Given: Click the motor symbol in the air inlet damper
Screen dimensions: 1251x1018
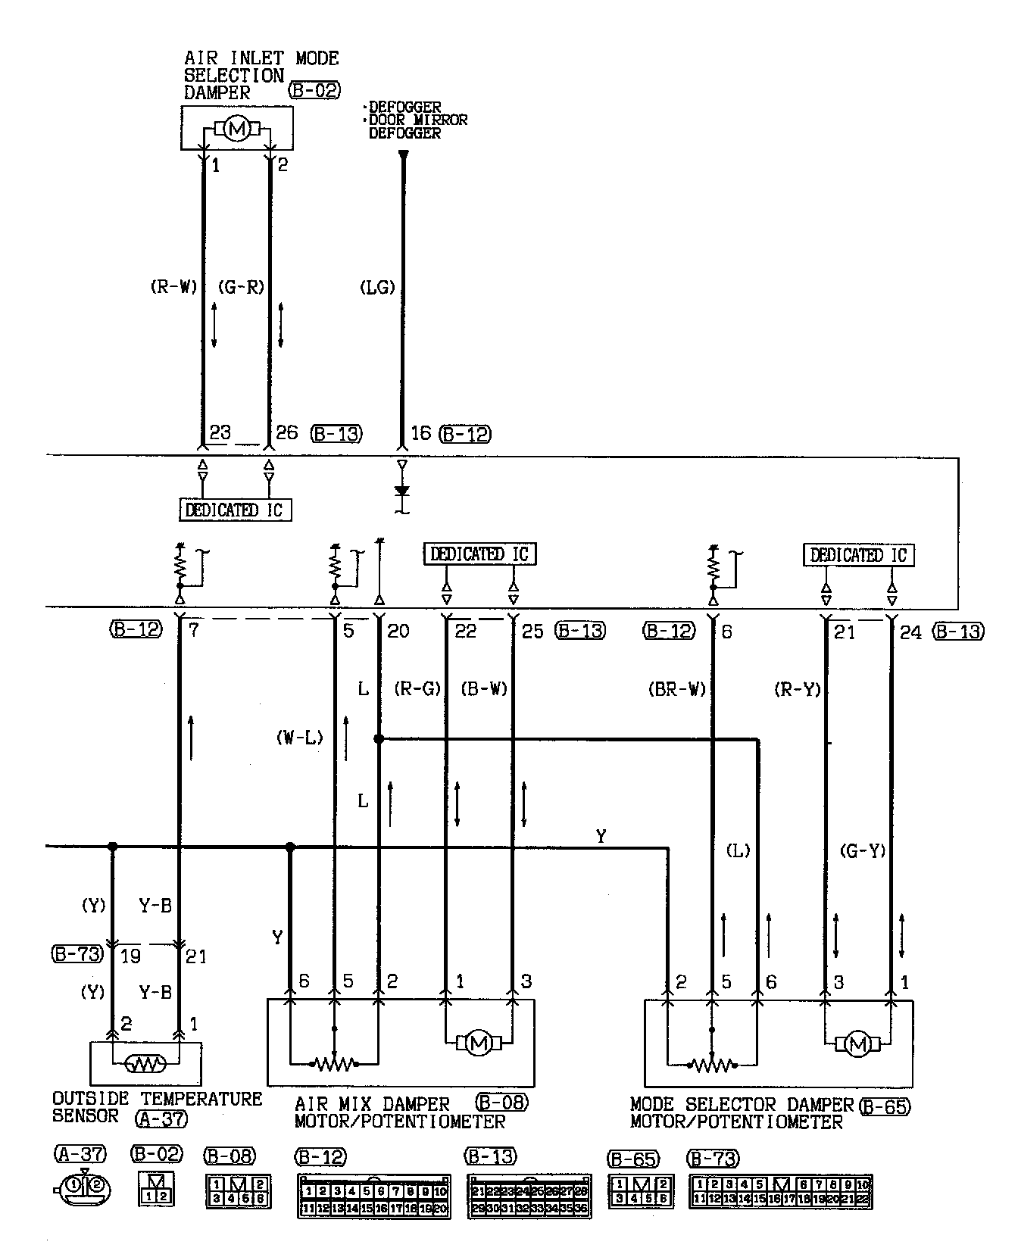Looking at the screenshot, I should (x=237, y=130).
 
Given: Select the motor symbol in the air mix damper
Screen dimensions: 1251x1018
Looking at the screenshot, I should (x=479, y=1044).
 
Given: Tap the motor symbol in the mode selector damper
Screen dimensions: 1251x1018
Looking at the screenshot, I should (x=858, y=1045).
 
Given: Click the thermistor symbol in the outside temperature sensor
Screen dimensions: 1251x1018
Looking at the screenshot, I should (x=145, y=1065).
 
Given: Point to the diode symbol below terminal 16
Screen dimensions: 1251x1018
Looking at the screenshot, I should (x=402, y=491).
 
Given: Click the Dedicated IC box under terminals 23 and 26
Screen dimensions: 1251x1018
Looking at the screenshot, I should (x=235, y=510).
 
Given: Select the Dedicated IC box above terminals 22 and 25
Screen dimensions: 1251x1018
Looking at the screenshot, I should (x=479, y=554).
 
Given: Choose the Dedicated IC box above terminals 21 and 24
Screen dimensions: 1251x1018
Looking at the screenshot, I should (x=858, y=555).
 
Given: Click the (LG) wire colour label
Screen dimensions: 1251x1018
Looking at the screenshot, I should (x=377, y=288).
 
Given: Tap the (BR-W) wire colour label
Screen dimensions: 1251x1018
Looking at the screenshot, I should (x=677, y=690).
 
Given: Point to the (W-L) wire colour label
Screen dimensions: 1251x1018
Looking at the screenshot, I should (x=300, y=738).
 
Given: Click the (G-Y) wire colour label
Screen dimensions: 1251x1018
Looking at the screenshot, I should (x=863, y=850).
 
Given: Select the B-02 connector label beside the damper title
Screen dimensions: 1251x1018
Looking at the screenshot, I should (x=314, y=92).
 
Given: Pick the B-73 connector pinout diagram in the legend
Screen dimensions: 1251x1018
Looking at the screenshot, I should (x=781, y=1192).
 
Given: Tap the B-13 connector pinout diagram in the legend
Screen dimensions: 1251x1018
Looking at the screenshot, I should (x=529, y=1198).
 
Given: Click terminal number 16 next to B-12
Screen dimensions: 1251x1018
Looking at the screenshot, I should (x=420, y=434).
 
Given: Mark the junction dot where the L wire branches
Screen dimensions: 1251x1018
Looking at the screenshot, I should (x=379, y=738).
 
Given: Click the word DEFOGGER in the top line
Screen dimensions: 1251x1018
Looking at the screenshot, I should (x=404, y=108).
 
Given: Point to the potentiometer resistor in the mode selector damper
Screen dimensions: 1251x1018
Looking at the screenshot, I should (x=712, y=1065).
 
